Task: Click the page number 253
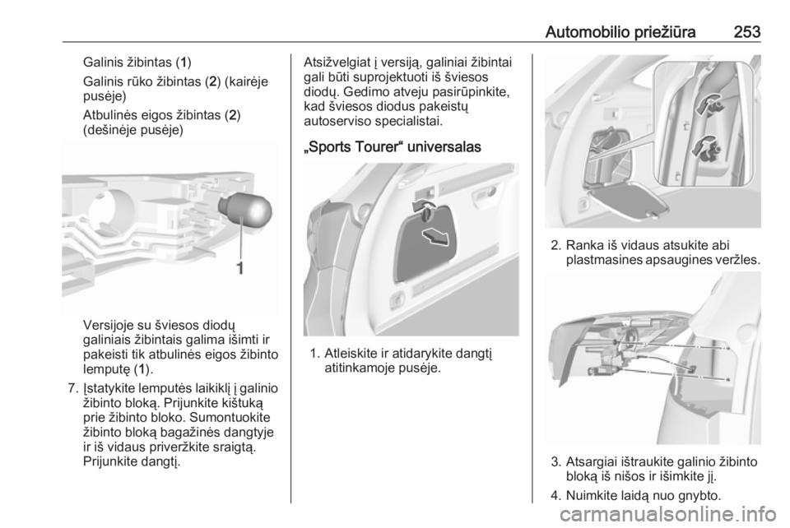click(746, 32)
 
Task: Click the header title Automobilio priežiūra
click(620, 32)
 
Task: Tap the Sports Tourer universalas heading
click(393, 147)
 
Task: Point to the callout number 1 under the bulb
click(240, 267)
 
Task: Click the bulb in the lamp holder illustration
click(245, 211)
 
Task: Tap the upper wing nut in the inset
click(709, 104)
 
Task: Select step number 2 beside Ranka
click(555, 245)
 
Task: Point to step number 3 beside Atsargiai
click(555, 461)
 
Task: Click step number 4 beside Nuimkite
click(555, 496)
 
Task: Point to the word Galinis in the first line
click(102, 63)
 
